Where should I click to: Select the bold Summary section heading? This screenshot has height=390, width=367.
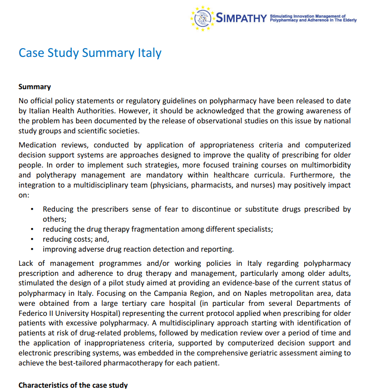(35, 86)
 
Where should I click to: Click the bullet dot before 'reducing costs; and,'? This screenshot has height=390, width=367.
(32, 239)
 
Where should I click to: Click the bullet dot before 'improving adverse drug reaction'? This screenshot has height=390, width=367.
(32, 249)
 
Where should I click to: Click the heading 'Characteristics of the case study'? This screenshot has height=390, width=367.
(73, 385)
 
